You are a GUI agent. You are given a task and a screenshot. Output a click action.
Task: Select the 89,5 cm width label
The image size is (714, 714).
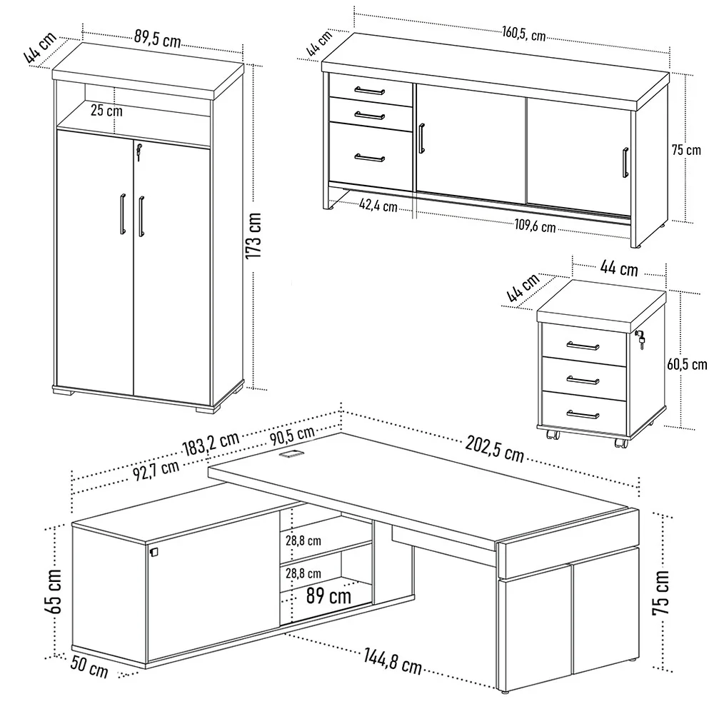point(156,39)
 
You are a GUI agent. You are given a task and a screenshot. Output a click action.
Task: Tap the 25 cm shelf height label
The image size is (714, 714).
point(106,111)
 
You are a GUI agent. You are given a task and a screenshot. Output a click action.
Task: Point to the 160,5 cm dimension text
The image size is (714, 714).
point(523,33)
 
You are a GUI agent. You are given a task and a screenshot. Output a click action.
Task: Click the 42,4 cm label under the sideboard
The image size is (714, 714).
point(378,206)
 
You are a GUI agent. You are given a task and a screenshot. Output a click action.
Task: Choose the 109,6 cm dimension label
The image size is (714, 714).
point(535,226)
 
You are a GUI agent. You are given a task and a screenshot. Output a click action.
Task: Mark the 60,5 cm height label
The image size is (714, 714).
point(686,364)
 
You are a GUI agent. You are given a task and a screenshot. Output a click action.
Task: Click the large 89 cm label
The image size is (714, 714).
point(328,594)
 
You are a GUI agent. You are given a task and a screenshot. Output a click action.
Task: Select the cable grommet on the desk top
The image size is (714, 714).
point(291,454)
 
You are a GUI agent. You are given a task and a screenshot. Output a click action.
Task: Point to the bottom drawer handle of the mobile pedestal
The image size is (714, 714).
point(582,413)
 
